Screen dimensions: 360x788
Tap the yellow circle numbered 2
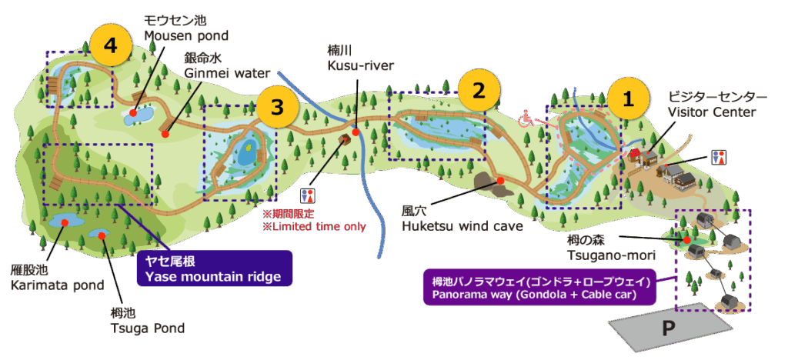point(479,90)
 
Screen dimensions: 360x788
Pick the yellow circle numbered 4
point(111,46)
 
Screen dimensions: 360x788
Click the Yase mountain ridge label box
point(212,268)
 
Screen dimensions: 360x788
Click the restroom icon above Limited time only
point(309,195)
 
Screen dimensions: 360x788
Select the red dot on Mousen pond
point(133,113)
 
